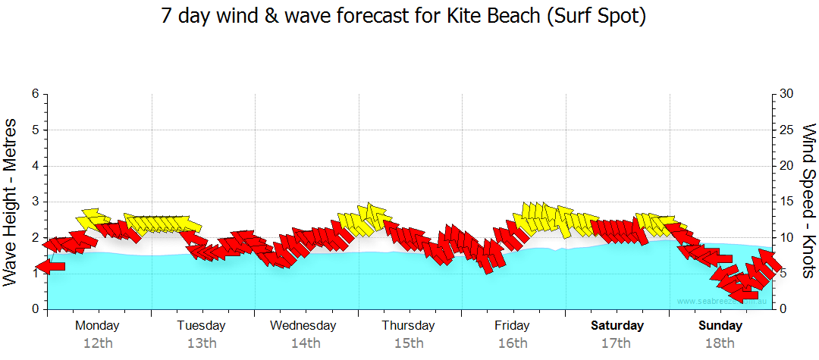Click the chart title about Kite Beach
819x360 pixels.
click(403, 16)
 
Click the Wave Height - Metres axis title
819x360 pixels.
click(11, 202)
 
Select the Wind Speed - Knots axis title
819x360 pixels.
click(808, 202)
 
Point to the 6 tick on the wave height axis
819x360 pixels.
click(35, 94)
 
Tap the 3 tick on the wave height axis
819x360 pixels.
click(35, 202)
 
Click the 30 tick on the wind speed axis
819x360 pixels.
click(787, 94)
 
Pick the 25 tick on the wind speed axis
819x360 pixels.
click(787, 130)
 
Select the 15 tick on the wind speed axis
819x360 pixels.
click(787, 202)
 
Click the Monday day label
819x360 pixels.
click(97, 326)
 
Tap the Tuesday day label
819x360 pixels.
click(201, 326)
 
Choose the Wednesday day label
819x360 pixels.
click(303, 326)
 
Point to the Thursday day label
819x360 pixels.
click(408, 326)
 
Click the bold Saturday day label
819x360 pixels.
click(617, 326)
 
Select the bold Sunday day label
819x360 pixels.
click(720, 326)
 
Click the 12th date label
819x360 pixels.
click(98, 343)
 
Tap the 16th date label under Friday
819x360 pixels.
click(513, 343)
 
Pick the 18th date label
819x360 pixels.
click(720, 343)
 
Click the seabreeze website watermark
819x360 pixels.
click(722, 301)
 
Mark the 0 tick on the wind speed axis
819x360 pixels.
click(783, 309)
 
